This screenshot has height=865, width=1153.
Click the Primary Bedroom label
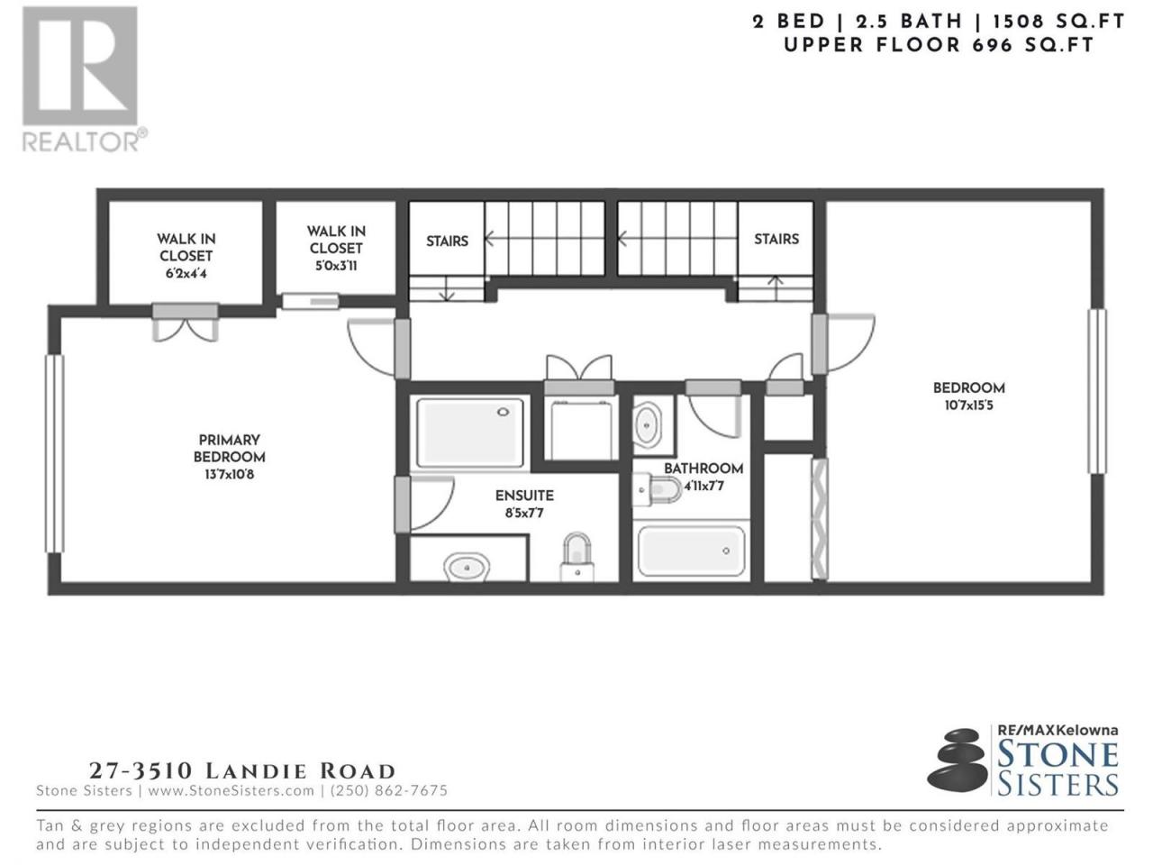[229, 448]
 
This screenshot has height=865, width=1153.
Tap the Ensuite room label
[524, 496]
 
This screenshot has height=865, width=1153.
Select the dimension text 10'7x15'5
[968, 405]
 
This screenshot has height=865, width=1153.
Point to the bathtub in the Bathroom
[691, 551]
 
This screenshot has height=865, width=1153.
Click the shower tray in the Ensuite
[469, 432]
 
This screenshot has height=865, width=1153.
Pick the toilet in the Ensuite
[576, 558]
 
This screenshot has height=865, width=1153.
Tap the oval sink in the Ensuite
[467, 568]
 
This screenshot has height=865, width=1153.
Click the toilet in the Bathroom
[658, 489]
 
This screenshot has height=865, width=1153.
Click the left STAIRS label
[447, 241]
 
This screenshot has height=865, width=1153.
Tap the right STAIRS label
[776, 239]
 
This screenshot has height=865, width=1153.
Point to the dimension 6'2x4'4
[186, 274]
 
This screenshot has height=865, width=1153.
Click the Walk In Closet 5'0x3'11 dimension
[336, 266]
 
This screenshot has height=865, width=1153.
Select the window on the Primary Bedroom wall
[54, 454]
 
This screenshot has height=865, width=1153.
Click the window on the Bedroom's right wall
[1097, 391]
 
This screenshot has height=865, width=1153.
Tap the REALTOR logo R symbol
[80, 66]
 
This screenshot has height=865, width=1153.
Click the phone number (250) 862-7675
[389, 790]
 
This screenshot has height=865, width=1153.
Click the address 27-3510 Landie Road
[242, 771]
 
